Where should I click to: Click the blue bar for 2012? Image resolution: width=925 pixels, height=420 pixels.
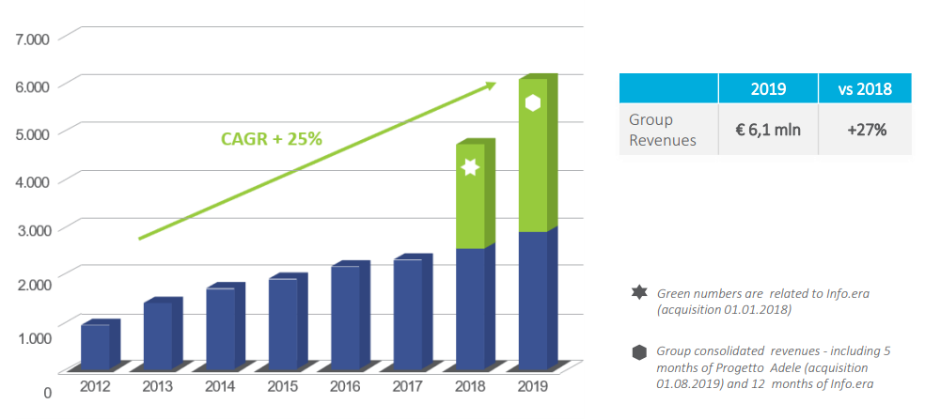95,346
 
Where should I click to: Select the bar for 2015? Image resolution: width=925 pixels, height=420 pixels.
283,323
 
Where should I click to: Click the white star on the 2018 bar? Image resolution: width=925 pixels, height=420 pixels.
471,167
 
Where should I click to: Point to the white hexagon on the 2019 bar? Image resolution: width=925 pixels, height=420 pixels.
533,103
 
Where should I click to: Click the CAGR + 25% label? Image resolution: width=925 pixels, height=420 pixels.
272,138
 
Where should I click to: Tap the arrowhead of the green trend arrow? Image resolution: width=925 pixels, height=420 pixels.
490,86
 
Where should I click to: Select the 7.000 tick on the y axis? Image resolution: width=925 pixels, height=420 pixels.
33,39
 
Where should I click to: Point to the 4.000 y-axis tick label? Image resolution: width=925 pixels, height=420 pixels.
33,181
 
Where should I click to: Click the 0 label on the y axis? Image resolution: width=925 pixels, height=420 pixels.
47,392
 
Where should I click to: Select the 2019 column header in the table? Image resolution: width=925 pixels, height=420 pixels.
768,88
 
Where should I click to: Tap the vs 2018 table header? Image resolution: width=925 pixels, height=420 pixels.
865,88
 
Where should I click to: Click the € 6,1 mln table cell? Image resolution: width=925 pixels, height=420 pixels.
768,130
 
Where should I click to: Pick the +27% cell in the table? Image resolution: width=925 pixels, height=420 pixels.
865,130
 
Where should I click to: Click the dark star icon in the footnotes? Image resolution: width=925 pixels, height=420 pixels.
640,293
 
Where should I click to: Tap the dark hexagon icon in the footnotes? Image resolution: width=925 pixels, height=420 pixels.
640,352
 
